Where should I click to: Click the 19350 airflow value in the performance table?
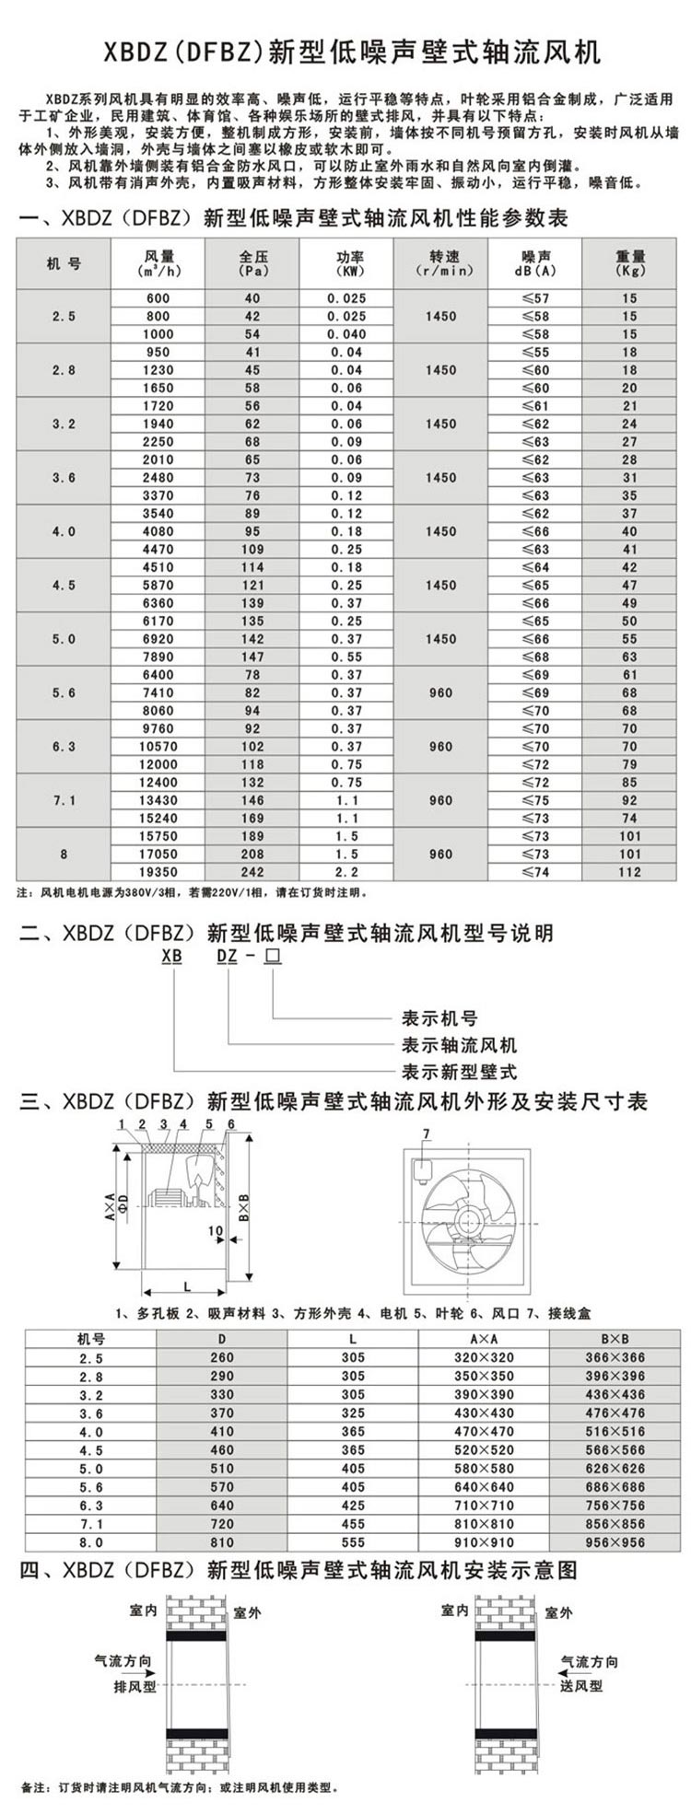[158, 872]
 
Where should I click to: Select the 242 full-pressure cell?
[252, 872]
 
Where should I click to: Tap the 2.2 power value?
[346, 872]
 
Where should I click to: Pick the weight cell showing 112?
[629, 872]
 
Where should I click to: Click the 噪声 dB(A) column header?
[535, 263]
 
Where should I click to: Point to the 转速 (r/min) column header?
[441, 263]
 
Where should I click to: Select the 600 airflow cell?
[158, 298]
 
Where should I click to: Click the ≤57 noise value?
[535, 298]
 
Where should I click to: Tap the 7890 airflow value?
[158, 657]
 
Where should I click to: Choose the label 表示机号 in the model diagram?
[439, 1018]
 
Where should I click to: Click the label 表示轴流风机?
[459, 1045]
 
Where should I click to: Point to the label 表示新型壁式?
[459, 1072]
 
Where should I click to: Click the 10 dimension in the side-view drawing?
[215, 1230]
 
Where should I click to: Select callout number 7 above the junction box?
[426, 1133]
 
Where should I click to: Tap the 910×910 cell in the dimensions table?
[484, 1542]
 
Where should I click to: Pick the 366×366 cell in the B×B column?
[615, 1357]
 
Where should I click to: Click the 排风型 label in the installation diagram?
[135, 1686]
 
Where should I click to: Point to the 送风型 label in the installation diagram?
[581, 1686]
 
